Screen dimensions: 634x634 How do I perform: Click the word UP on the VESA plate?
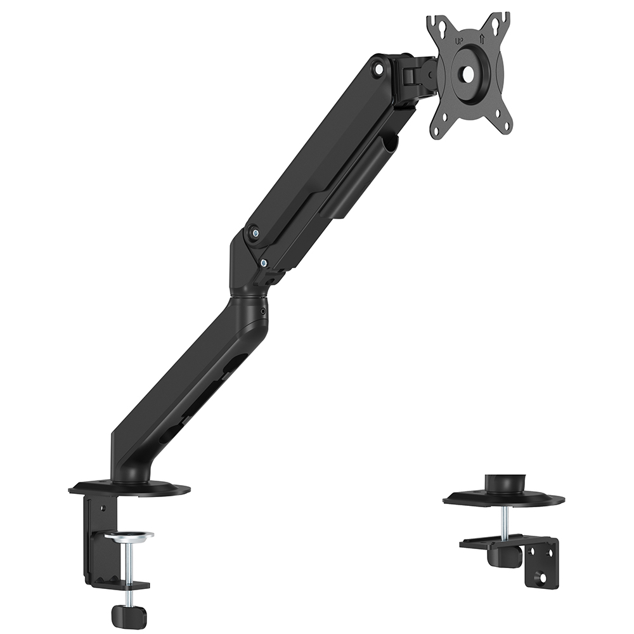pos(459,41)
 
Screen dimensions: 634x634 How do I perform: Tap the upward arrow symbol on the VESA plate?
pos(482,39)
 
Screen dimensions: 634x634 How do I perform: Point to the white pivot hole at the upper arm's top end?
pos(378,68)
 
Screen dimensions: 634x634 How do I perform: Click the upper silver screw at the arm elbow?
pos(255,232)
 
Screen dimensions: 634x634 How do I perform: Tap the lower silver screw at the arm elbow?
pos(264,263)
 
